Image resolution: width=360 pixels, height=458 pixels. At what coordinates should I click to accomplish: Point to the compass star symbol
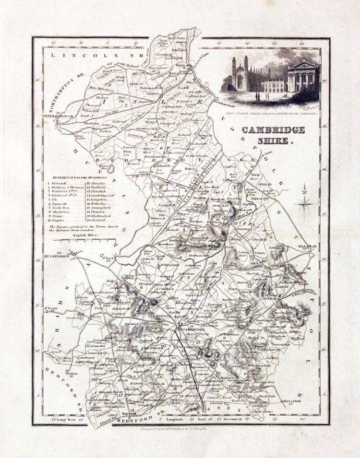(x=304, y=202)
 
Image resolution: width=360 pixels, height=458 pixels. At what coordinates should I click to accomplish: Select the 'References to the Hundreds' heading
(x=79, y=176)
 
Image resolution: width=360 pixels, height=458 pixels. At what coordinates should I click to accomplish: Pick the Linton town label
(x=235, y=386)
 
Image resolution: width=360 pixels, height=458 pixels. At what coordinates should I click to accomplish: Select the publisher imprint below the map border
(x=180, y=430)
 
